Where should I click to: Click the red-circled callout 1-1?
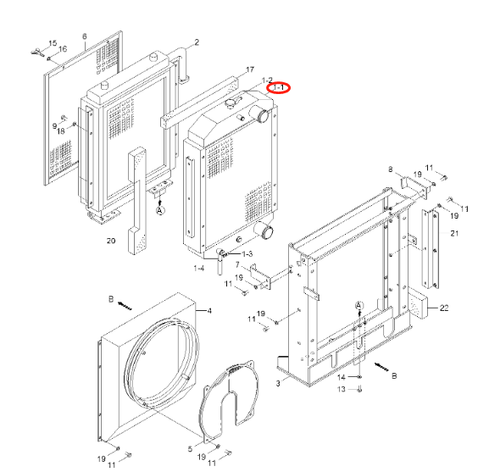pos(278,87)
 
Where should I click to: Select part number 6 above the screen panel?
pos(85,36)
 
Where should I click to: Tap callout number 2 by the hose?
pos(197,42)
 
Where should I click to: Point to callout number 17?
pos(250,69)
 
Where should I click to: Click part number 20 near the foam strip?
pos(110,242)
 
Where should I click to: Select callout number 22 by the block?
pos(391,170)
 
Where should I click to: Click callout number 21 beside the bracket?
pos(454,233)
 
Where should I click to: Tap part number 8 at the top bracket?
pos(391,170)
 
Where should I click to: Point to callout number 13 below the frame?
pos(343,389)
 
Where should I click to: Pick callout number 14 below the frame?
pos(343,376)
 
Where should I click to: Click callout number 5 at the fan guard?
pos(189,448)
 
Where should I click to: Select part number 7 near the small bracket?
pos(237,266)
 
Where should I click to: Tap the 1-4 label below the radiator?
pos(199,268)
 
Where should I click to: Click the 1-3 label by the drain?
pos(247,253)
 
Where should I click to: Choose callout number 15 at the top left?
pos(53,42)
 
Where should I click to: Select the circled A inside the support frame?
pos(358,304)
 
